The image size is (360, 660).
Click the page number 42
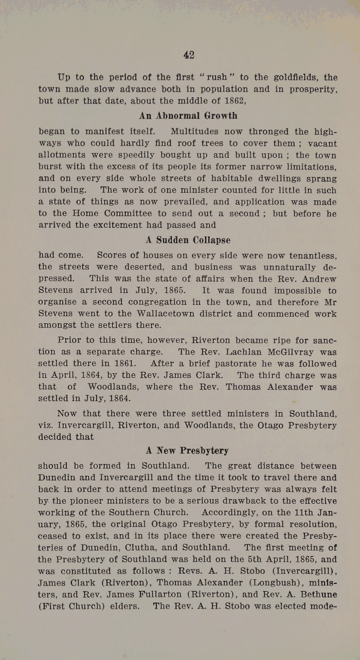[x=188, y=55]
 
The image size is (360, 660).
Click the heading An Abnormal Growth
[x=188, y=115]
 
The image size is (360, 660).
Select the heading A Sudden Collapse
[x=188, y=240]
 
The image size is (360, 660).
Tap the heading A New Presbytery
[x=187, y=451]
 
